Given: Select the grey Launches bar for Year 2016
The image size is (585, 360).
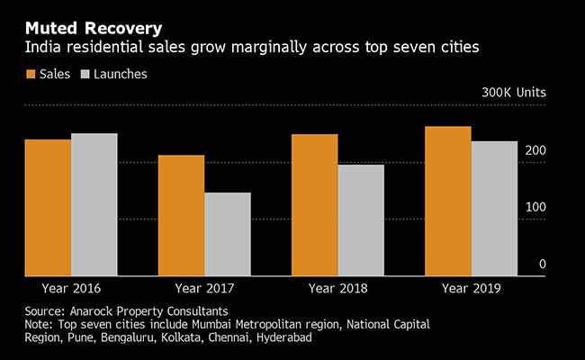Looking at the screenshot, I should (x=94, y=204).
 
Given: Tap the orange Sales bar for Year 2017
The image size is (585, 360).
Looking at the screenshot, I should (x=181, y=215).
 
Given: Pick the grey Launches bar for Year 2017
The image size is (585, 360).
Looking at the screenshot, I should (x=228, y=234).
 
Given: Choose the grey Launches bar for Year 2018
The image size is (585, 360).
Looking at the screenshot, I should (x=361, y=220).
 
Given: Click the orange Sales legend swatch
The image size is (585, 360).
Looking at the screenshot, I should (x=31, y=75).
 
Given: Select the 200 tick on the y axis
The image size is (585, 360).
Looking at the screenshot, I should (x=535, y=149).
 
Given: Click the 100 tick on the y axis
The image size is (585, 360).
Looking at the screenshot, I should (x=535, y=206).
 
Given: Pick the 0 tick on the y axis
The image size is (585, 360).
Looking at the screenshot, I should (x=542, y=264).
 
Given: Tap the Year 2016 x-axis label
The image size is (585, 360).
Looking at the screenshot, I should (x=71, y=289).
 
